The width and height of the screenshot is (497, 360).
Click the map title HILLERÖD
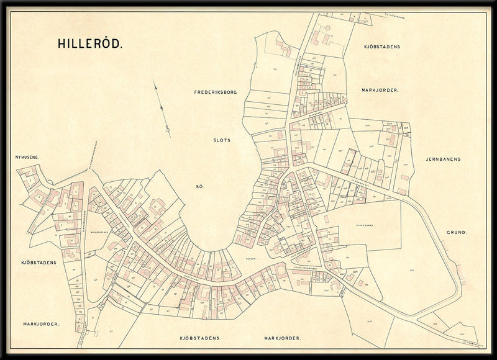[90, 44]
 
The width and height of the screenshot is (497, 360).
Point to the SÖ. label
[201, 186]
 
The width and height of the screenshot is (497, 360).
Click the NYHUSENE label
[27, 158]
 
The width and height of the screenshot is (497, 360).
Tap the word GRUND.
[457, 233]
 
